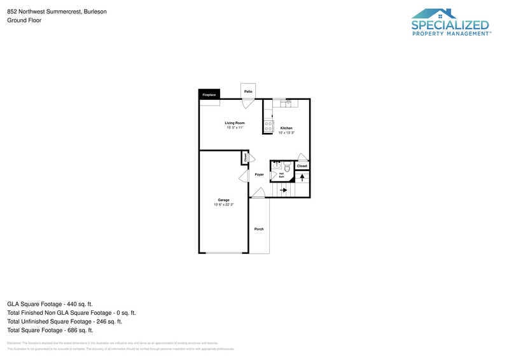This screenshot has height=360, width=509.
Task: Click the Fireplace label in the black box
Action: [x=209, y=95]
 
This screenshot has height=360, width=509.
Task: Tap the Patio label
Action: [x=248, y=92]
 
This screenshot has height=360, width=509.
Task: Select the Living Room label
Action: [x=235, y=123]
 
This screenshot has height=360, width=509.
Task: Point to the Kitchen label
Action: [x=286, y=128]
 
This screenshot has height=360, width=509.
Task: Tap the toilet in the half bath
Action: [x=287, y=168]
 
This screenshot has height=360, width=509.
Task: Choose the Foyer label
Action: [x=259, y=174]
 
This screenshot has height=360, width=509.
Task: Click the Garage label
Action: [x=223, y=200]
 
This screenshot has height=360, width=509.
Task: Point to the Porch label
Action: [x=259, y=229]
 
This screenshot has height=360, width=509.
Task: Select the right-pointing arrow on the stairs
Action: [x=283, y=190]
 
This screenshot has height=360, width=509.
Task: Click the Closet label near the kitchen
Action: [x=302, y=166]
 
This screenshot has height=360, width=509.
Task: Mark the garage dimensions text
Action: [x=223, y=205]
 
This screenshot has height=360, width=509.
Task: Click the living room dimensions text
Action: [x=235, y=127]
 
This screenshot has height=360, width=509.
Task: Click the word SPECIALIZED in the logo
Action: [x=450, y=25]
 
